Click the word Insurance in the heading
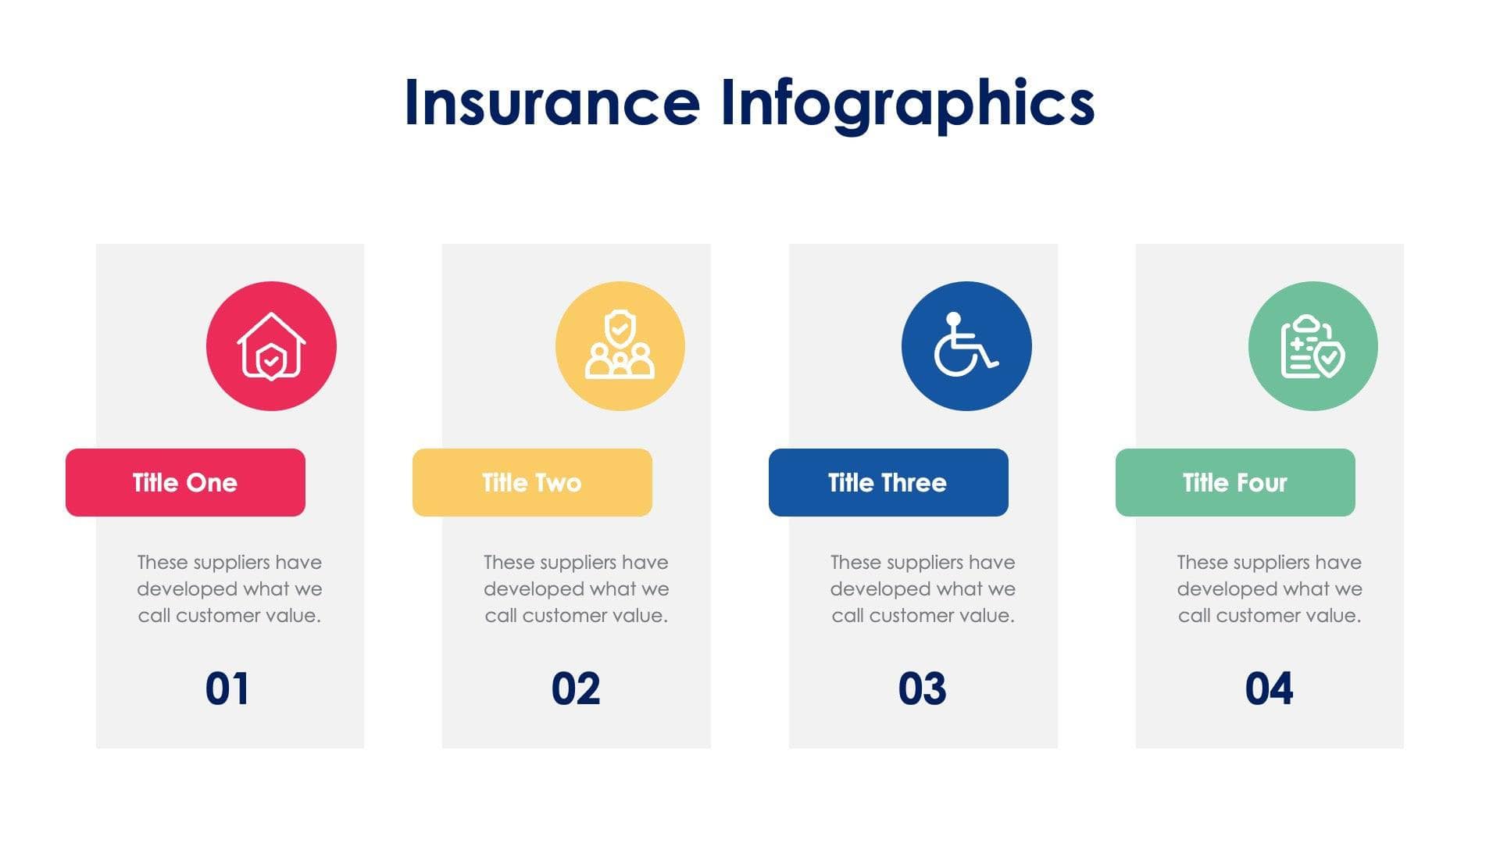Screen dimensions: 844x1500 552,103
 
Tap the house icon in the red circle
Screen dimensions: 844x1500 271,346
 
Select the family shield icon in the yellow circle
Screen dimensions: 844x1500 620,346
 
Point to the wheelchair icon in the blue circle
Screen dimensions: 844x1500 966,346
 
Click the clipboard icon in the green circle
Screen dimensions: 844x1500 1312,346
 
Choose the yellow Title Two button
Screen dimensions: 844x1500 532,482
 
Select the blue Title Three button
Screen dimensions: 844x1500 888,482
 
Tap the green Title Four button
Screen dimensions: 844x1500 1235,482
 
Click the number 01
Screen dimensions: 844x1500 227,688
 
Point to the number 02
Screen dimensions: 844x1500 576,688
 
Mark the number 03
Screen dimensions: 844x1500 922,688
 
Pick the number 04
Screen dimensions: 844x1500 1269,688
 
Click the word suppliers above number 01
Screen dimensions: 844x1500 230,563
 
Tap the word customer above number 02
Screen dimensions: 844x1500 559,616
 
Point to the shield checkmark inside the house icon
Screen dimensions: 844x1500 271,362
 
